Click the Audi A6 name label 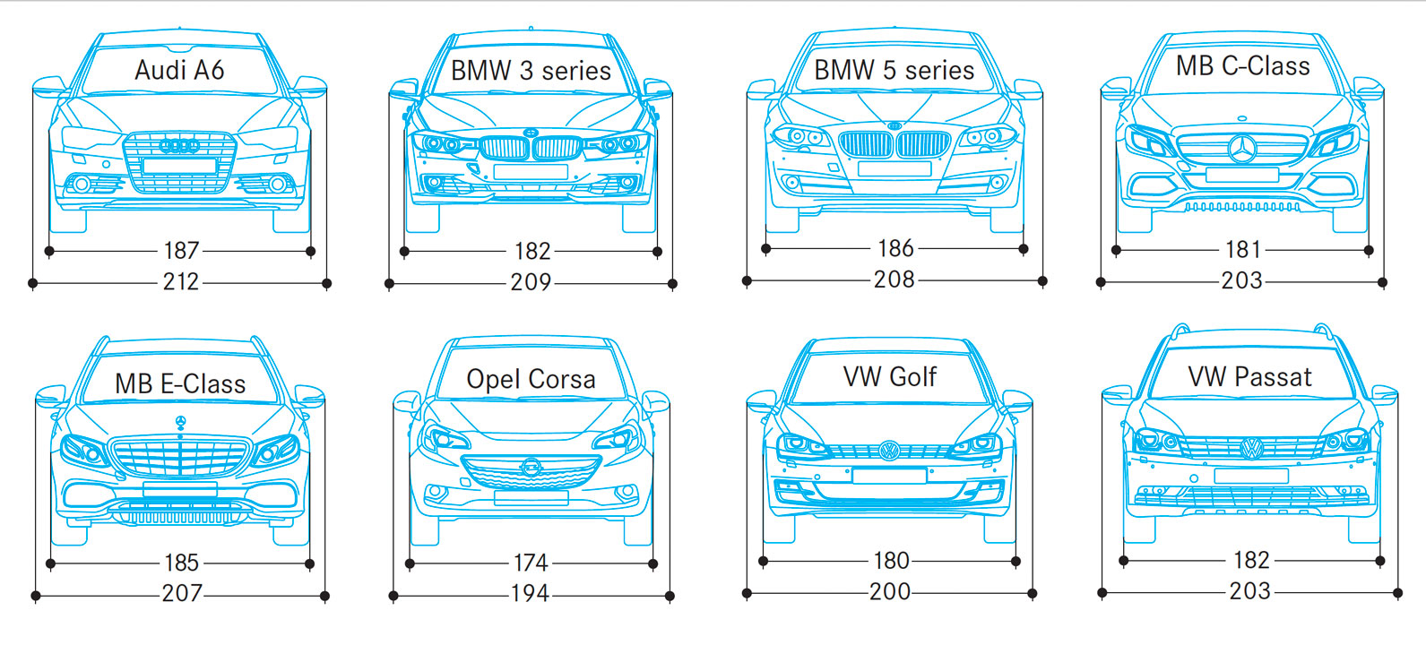pos(179,70)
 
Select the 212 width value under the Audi pos(181,281)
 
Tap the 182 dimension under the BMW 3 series pos(532,252)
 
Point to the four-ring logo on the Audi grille pos(179,146)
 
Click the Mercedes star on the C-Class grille pos(1242,149)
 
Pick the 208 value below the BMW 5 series pos(894,279)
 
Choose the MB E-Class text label pos(180,384)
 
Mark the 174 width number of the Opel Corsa pos(531,563)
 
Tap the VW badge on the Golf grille pos(889,450)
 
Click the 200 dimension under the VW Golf pos(890,592)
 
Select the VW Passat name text pos(1249,377)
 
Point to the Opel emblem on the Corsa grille pos(531,468)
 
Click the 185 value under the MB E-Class pos(181,563)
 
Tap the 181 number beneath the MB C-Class pos(1243,250)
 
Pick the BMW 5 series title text pos(894,70)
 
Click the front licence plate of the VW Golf pos(889,476)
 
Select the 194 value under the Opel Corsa pos(530,594)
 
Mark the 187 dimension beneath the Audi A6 pos(181,251)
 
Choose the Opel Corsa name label pos(531,379)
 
